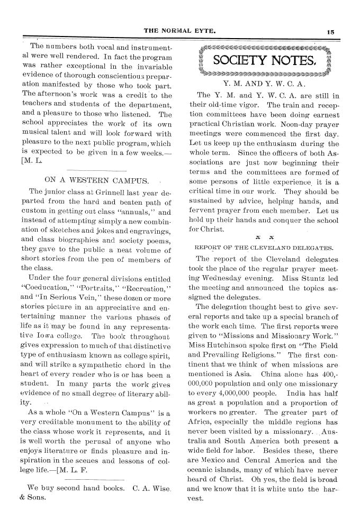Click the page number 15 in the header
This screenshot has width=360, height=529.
pyautogui.click(x=330, y=31)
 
